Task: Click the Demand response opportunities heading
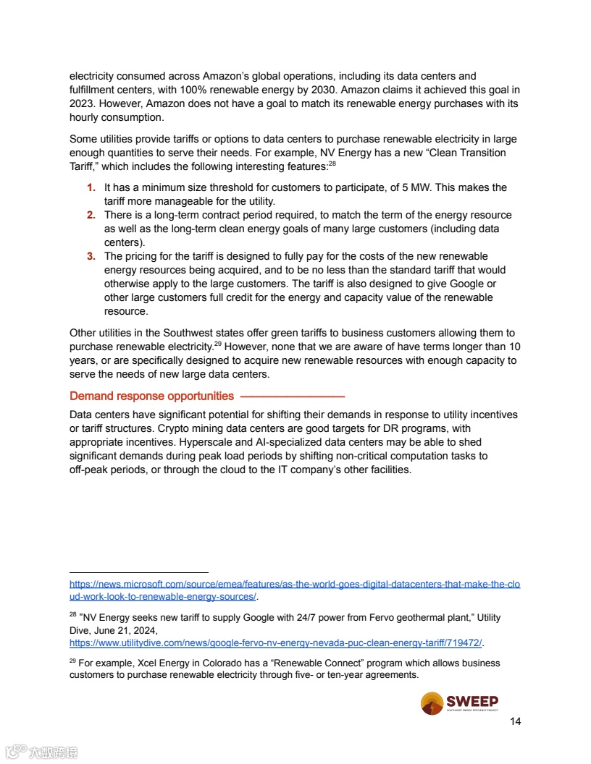151,396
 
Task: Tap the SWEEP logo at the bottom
459,703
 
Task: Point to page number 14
516,721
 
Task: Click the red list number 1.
91,188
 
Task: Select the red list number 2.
91,216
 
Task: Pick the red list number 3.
91,257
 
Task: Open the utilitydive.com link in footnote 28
275,643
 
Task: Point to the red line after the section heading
292,396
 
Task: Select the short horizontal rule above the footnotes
138,572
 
